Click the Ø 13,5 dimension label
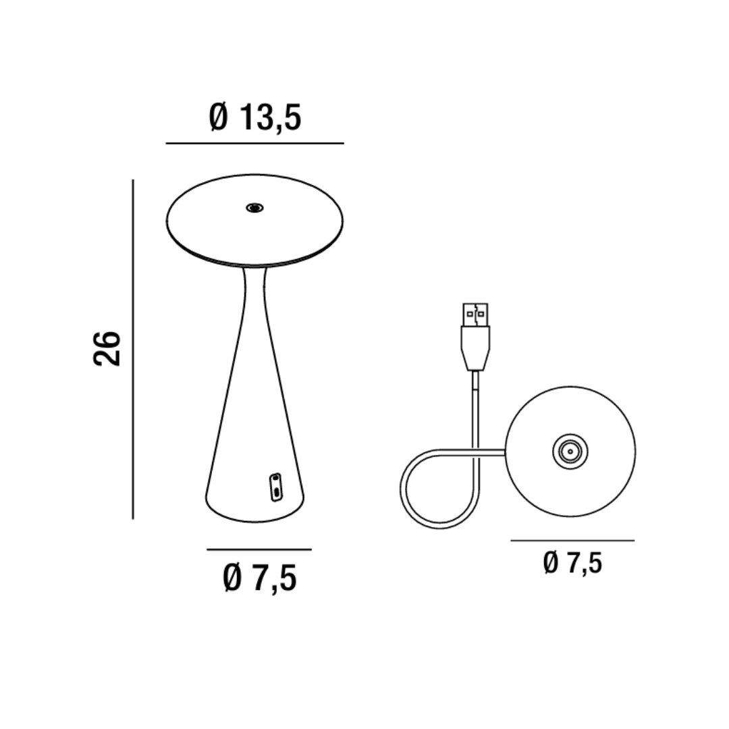255,117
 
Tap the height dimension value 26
107,348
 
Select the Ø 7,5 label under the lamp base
260,578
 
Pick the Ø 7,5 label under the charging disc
572,562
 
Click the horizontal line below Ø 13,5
255,143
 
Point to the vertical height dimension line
133,349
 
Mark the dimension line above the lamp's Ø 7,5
259,549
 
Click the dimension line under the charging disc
572,540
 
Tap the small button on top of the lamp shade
254,208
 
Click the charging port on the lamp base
275,487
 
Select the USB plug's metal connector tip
475,315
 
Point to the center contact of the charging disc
570,451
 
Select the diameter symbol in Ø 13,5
219,117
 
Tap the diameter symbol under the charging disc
551,562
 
